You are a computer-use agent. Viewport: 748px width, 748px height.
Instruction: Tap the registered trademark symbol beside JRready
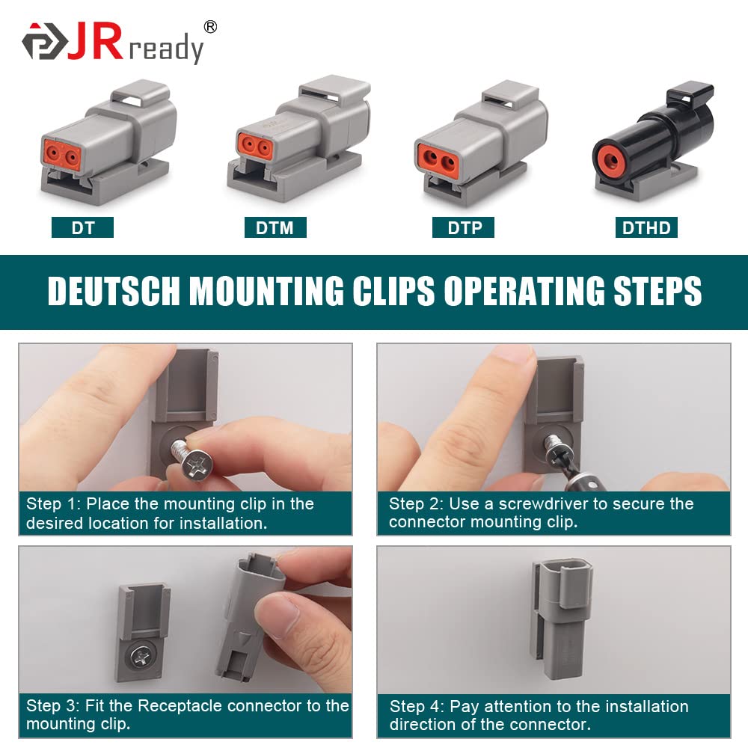(211, 27)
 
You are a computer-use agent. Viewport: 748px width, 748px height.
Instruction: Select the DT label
(82, 227)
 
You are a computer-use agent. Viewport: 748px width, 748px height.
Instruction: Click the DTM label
(275, 227)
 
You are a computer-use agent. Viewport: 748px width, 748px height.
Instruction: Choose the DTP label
(464, 227)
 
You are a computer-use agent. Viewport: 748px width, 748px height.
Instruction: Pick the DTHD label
(646, 227)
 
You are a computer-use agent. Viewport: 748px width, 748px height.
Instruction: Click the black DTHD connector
(651, 142)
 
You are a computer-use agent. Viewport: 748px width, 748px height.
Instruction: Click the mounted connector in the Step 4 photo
(562, 621)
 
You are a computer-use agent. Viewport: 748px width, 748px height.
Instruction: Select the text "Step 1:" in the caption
(52, 503)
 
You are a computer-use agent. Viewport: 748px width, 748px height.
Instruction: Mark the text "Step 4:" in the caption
(416, 706)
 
